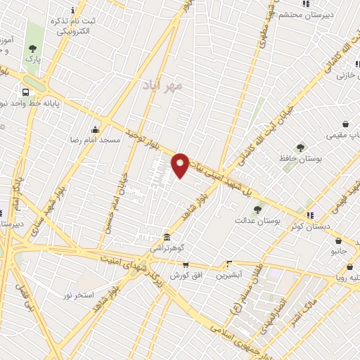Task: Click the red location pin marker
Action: (x=181, y=164)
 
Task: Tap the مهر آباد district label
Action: (x=167, y=86)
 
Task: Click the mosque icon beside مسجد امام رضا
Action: (x=96, y=129)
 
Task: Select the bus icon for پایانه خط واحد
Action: (x=26, y=92)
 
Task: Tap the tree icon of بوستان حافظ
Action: (x=301, y=148)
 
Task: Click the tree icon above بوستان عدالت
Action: (x=257, y=209)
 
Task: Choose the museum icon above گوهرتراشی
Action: (x=167, y=237)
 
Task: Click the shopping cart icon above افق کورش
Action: (x=186, y=265)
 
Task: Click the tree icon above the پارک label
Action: (x=32, y=49)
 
